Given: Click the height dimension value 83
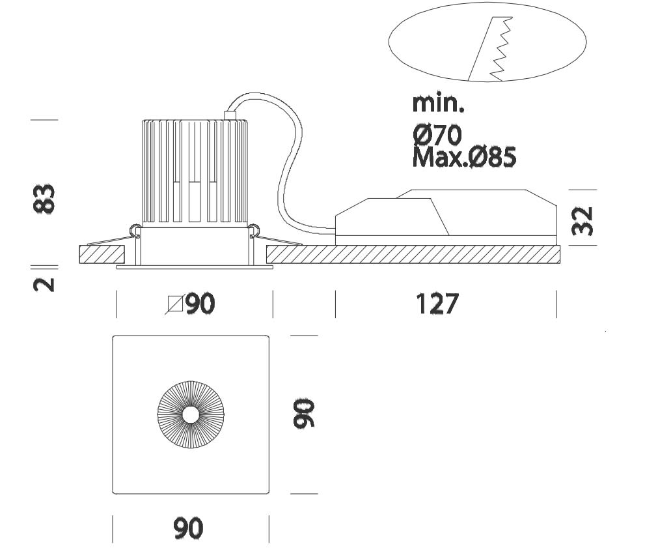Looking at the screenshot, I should (44, 198).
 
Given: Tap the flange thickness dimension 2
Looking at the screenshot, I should (44, 284).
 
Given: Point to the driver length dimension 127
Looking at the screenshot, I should (437, 304).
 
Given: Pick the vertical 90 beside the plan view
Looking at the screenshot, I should (304, 414).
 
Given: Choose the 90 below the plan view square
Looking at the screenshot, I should (188, 528).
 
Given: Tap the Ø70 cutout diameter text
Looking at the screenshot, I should (437, 135).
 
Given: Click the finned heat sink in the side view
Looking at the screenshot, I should (195, 173).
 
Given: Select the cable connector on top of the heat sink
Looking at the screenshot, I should (228, 115).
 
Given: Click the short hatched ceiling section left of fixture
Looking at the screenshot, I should (102, 254).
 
